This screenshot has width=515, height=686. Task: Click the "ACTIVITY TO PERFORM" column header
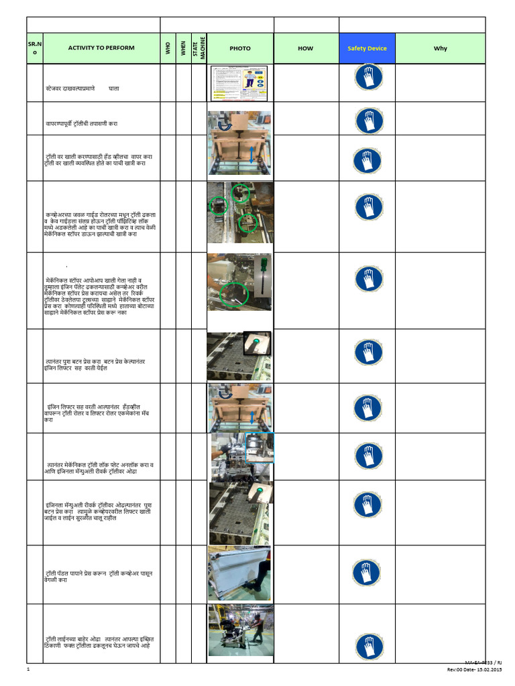coord(101,48)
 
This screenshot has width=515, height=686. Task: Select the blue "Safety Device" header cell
coord(367,48)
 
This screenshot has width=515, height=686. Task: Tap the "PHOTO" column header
coord(239,48)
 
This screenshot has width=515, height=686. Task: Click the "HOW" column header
coord(305,48)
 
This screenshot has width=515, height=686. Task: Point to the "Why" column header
coord(440,48)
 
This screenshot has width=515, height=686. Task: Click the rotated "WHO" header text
coord(168,48)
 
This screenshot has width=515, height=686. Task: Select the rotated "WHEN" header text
coord(182,48)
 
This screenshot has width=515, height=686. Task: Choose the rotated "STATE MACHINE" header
coord(198,48)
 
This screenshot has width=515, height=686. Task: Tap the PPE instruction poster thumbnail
coord(239,83)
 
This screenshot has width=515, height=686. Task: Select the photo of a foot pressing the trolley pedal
coord(239,573)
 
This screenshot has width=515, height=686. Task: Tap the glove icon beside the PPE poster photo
coord(367,78)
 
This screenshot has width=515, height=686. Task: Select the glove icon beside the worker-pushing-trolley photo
coord(367,644)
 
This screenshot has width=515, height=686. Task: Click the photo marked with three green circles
coord(239,216)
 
